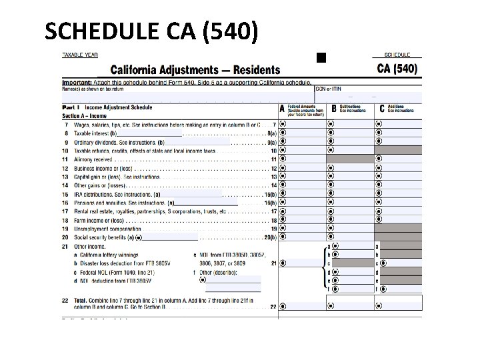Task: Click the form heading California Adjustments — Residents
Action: coord(195,70)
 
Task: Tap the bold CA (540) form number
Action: coord(397,68)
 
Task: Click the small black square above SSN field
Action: coord(321,58)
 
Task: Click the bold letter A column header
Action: coord(282,108)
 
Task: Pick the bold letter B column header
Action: coord(333,108)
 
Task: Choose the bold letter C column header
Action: coord(382,108)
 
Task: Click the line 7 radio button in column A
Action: coord(283,124)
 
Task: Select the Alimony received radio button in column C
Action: coord(379,159)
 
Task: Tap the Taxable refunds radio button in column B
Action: coord(331,150)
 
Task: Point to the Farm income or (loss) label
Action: coord(101,220)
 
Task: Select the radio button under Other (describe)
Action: coord(203,280)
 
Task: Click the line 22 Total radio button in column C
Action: coord(379,307)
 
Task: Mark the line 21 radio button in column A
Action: coord(283,263)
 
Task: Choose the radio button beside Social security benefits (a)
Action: coord(139,237)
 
